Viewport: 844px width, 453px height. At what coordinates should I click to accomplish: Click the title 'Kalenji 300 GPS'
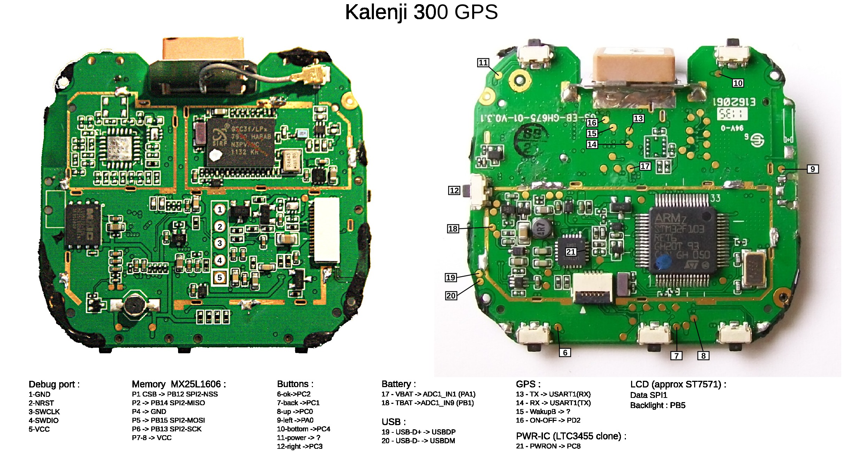421,13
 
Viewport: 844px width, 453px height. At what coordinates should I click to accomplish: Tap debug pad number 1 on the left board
220,210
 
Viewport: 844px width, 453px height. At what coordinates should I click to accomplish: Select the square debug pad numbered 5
220,278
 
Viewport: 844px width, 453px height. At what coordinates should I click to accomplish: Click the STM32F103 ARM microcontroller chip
682,241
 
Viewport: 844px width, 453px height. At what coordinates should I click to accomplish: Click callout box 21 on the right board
570,252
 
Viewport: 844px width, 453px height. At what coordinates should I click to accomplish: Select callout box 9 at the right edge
813,169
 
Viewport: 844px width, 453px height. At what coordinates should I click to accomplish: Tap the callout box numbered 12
454,190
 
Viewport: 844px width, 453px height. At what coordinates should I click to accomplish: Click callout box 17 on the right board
645,166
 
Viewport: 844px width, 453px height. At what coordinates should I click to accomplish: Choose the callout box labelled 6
565,353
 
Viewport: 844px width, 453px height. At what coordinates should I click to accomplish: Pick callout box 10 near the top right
738,83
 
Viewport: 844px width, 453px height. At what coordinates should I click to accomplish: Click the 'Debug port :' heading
54,384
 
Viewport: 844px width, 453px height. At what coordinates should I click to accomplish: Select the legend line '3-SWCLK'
44,412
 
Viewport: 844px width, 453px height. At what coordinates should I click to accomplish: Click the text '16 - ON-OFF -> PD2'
548,420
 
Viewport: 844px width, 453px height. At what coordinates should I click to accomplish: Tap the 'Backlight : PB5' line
658,405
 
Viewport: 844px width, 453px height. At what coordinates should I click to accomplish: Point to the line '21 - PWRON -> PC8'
548,446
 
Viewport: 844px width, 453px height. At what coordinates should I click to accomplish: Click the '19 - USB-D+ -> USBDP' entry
418,432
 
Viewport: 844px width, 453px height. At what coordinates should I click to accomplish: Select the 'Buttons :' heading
295,384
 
